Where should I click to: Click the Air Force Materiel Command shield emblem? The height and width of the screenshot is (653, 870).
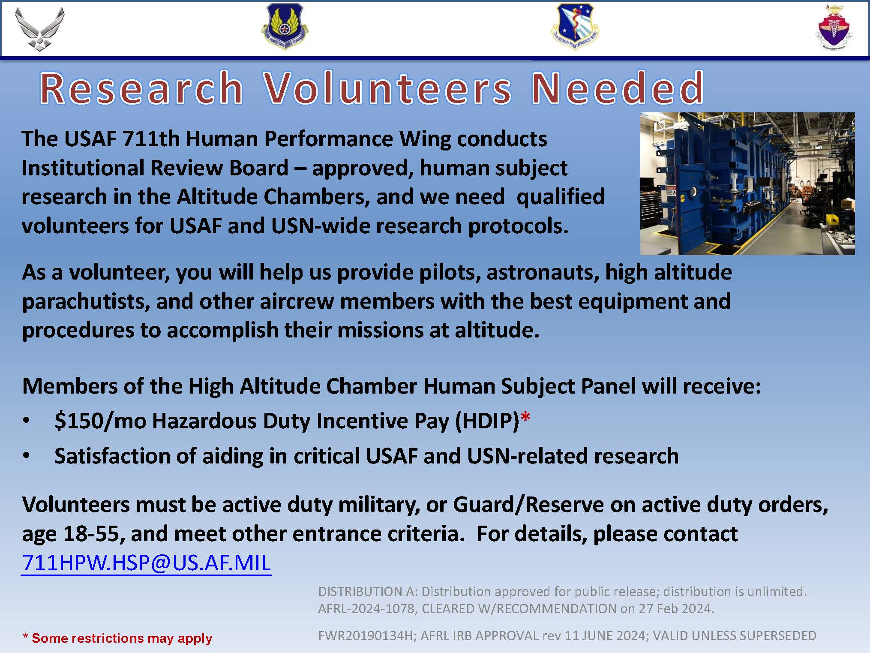pos(285,27)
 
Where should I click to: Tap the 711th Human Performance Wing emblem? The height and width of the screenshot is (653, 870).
pos(574,27)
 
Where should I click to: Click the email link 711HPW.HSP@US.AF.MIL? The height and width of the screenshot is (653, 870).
pos(146,563)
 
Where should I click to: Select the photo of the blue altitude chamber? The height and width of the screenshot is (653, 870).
pos(747,184)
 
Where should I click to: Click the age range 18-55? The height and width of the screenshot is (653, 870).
pos(91,534)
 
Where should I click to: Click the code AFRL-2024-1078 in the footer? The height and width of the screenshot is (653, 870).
pos(366,609)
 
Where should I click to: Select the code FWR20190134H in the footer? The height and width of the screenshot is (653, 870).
pos(366,635)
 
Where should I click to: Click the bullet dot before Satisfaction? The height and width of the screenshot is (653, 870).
pos(27,456)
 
